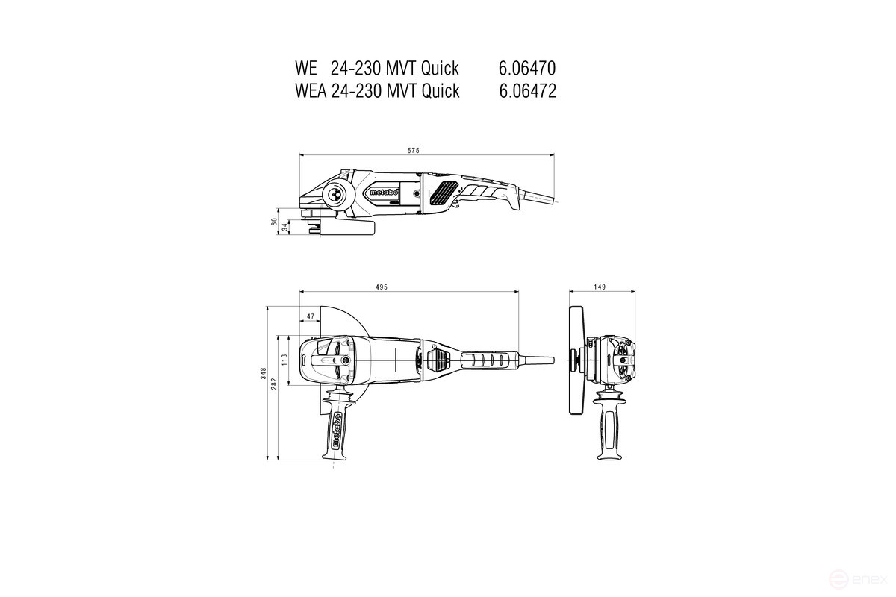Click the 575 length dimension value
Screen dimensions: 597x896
tap(413, 151)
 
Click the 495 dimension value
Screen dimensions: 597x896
tap(382, 287)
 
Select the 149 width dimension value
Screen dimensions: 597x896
tap(601, 287)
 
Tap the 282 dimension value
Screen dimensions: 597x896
tap(275, 382)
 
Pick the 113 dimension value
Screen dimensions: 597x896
tap(284, 360)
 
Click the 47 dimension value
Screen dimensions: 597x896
tap(309, 316)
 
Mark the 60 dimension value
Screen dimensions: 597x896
tap(275, 222)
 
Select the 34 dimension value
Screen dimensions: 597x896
tap(284, 227)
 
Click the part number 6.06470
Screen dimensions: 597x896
tap(526, 69)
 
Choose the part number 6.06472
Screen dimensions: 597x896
tap(526, 91)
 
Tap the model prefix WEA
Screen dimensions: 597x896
tap(309, 91)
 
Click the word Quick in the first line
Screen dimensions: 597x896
tap(440, 69)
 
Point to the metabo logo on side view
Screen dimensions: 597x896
tap(383, 193)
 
